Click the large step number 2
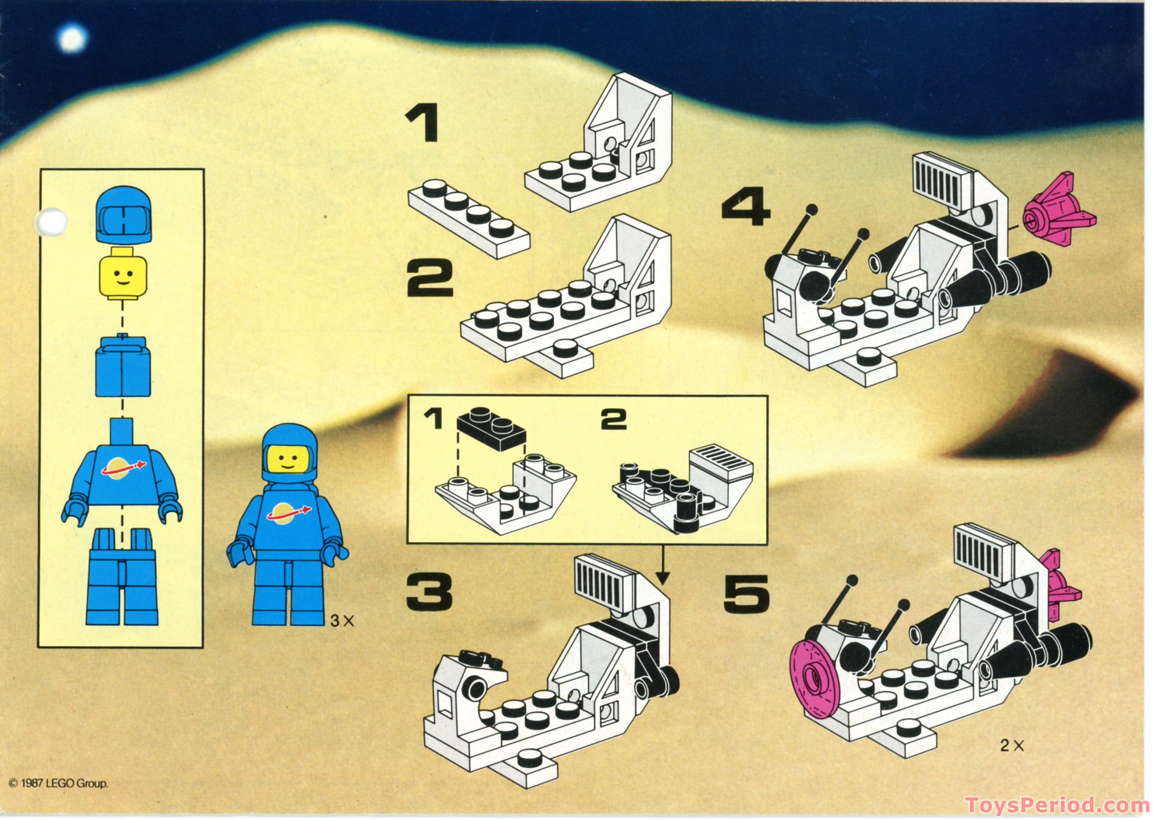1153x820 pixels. tap(430, 277)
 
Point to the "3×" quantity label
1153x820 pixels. tap(342, 621)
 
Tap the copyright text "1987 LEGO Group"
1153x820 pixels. tap(59, 784)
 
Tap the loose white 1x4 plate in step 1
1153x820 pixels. tap(469, 220)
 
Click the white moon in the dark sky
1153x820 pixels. tap(72, 39)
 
